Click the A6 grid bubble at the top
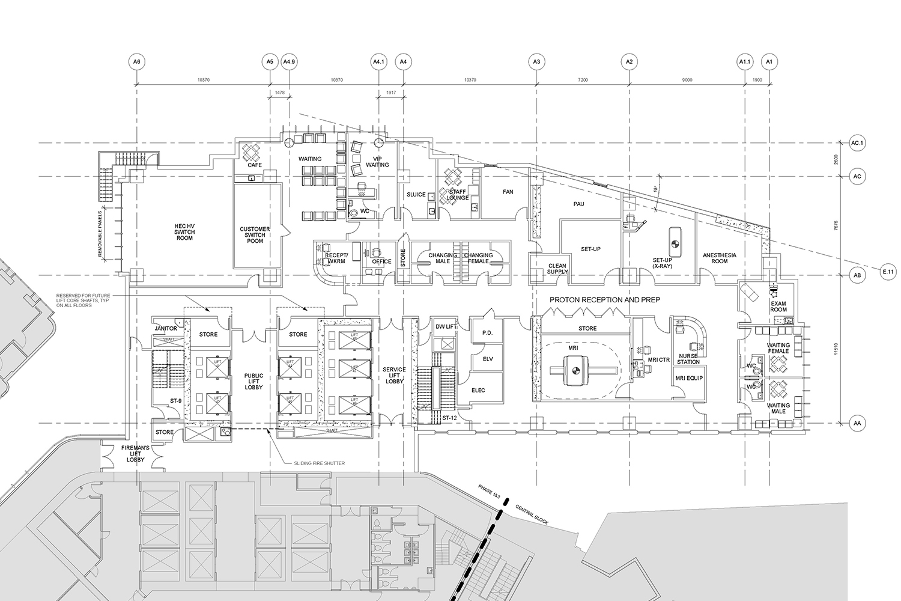point(137,61)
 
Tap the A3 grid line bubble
point(536,61)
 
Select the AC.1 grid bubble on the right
point(857,143)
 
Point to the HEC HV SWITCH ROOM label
point(184,231)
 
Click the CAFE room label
point(255,165)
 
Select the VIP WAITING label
point(377,161)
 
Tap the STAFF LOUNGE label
point(457,194)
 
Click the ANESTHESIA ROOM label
point(720,258)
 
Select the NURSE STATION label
point(688,358)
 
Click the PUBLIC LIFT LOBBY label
point(253,381)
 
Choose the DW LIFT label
point(446,326)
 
